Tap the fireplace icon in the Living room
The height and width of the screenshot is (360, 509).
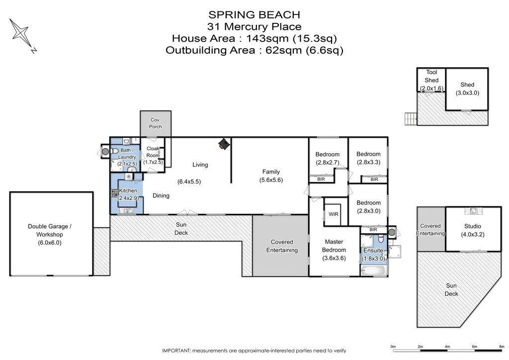click(224, 144)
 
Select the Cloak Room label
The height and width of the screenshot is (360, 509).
click(153, 152)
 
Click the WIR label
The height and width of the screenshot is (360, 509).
click(334, 214)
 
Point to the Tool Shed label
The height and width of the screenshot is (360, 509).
click(431, 76)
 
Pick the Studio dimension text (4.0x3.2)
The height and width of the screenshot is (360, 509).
click(472, 234)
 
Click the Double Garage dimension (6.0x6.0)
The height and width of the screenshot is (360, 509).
click(49, 243)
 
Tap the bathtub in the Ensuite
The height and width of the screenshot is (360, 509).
click(373, 270)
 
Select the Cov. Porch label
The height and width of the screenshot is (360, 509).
click(156, 123)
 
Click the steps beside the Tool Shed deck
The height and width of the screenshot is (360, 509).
click(411, 118)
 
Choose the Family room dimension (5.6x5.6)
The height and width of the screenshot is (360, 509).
click(271, 180)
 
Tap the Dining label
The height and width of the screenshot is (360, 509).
click(161, 195)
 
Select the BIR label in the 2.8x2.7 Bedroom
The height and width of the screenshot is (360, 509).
click(321, 179)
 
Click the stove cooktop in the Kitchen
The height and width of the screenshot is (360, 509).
click(114, 193)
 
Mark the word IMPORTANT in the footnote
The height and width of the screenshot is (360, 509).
click(176, 351)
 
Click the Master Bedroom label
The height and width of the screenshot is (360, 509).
click(334, 246)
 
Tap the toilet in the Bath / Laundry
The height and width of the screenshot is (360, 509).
click(114, 151)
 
